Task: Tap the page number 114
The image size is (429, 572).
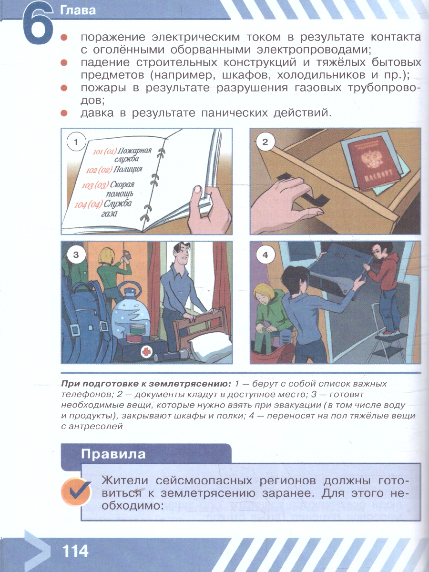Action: [x=75, y=551]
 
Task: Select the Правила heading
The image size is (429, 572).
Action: [x=113, y=453]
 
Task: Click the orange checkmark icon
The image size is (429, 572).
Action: [x=76, y=491]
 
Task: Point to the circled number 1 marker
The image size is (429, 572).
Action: [x=76, y=142]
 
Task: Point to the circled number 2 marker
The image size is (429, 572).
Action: [x=265, y=142]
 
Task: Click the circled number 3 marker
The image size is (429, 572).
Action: [x=76, y=255]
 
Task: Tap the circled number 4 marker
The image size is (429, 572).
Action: [x=265, y=255]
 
